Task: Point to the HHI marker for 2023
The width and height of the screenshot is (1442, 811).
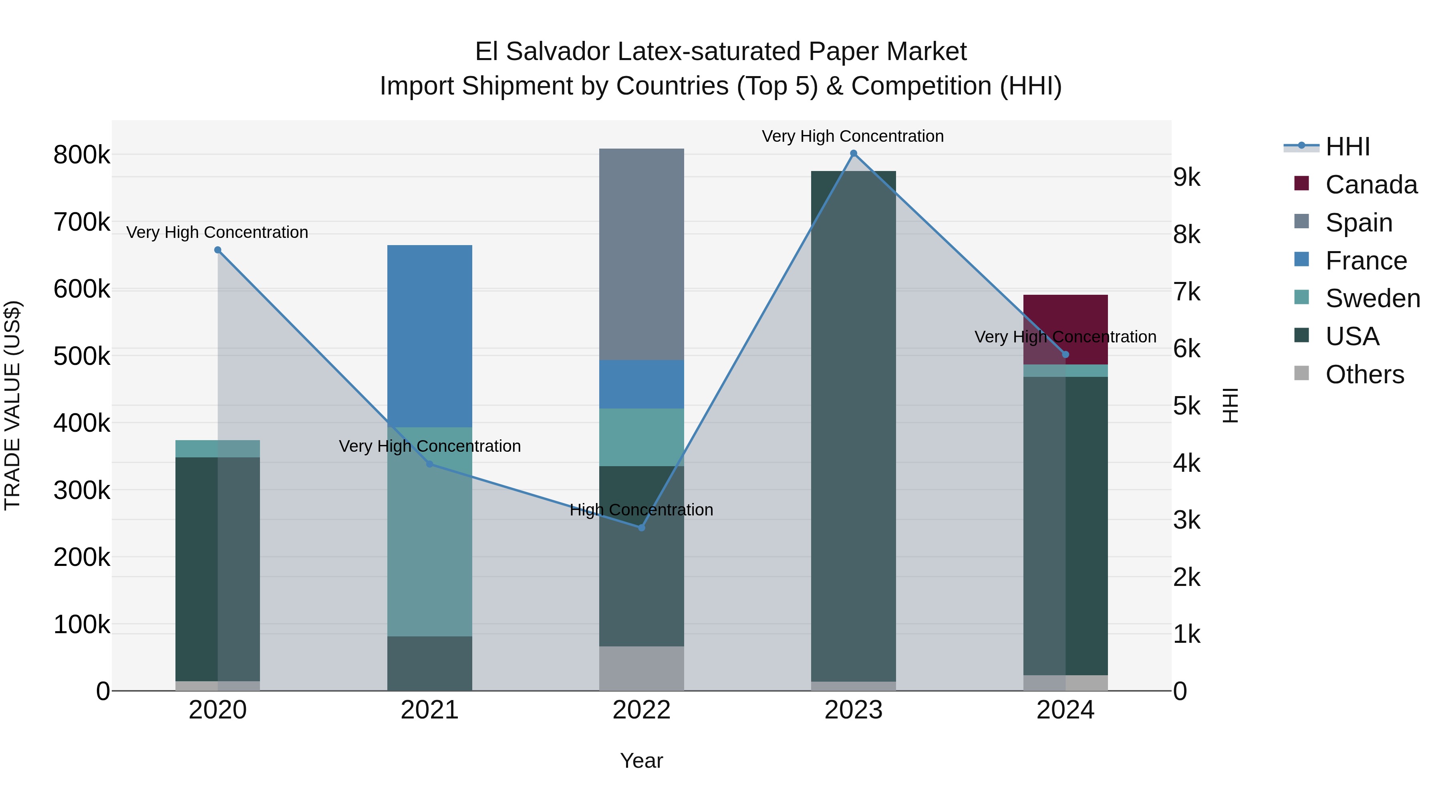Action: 853,153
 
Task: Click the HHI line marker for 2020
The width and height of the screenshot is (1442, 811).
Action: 218,250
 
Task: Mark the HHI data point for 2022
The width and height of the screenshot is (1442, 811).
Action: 642,528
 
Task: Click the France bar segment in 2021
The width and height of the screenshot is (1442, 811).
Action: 429,336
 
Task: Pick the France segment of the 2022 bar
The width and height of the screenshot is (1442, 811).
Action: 642,384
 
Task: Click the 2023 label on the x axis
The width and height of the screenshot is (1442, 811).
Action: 853,710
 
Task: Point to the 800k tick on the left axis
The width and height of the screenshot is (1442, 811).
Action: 82,155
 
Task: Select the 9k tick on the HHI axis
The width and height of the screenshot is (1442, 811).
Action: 1187,177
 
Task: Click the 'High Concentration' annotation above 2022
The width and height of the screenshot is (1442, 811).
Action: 642,510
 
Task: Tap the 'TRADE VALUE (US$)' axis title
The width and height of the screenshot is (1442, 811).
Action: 12,405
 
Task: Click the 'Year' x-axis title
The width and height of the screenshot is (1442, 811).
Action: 642,761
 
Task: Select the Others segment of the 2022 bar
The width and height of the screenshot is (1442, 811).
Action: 642,668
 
